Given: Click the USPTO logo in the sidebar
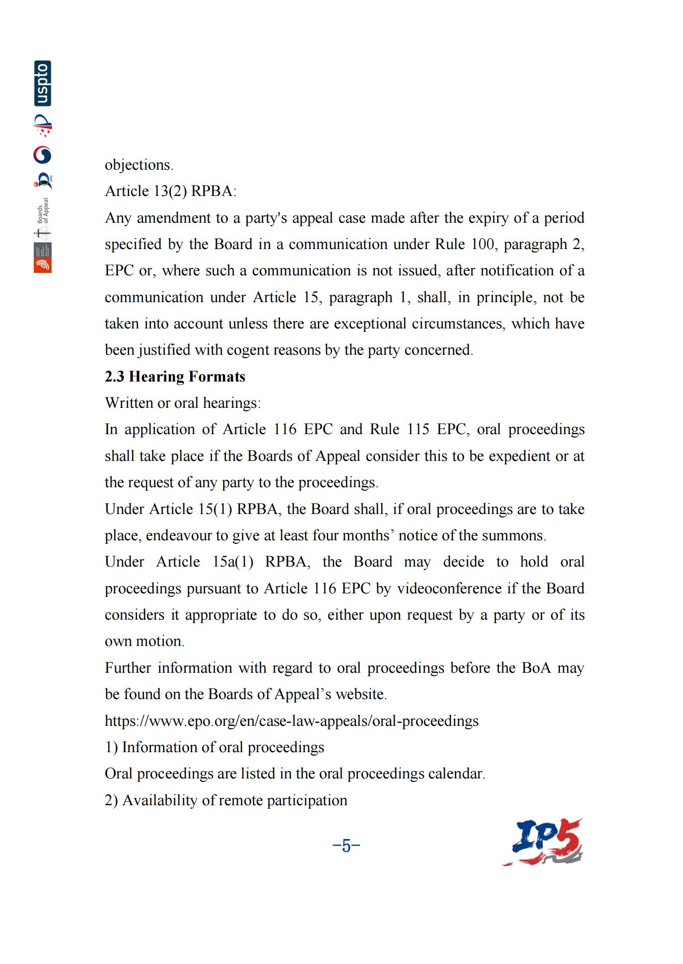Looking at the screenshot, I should (43, 83).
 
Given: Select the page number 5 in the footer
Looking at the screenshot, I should (346, 845).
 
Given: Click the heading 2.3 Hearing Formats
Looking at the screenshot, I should (175, 377).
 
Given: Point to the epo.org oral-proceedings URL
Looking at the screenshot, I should (291, 720).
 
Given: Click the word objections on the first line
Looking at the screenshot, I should (138, 165).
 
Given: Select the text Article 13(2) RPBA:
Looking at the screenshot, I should (170, 191).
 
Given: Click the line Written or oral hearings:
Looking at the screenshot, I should (182, 403).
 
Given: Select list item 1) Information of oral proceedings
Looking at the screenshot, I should (214, 747).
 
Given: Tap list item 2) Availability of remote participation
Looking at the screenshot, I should (226, 800).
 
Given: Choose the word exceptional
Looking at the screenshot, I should (380, 323).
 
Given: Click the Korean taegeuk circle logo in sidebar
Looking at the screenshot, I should (43, 155).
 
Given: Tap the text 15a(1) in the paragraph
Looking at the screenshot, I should (233, 562).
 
